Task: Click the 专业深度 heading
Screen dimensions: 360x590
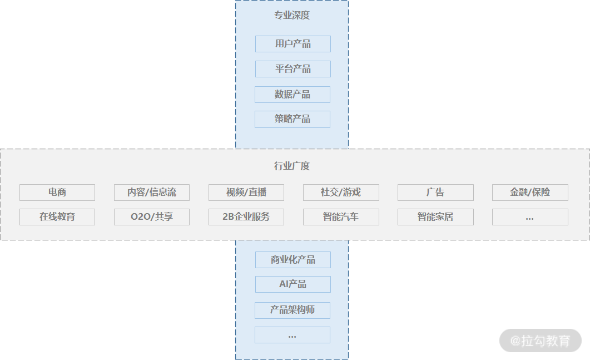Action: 292,15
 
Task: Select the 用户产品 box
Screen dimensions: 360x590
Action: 293,44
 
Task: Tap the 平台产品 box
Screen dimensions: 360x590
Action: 293,69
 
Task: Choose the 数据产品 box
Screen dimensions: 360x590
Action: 292,95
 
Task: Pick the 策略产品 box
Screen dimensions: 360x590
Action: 292,119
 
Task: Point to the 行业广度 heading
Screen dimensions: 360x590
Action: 292,166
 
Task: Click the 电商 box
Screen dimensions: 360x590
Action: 57,193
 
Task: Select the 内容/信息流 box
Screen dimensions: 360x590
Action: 152,193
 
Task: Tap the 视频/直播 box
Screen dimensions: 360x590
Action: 246,193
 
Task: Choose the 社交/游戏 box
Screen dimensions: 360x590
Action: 341,193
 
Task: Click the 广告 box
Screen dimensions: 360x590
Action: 435,193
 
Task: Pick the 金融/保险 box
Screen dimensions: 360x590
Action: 530,193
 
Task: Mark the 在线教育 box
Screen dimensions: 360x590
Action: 57,217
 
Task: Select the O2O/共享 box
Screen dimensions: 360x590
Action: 152,217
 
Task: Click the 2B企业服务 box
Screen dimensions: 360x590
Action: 246,217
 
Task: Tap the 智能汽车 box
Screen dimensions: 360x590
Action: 341,217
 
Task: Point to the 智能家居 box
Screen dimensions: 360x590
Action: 435,217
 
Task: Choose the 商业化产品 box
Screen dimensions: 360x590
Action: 293,260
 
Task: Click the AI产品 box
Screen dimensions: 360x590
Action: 293,284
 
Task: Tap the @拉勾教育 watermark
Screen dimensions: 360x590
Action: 541,341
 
